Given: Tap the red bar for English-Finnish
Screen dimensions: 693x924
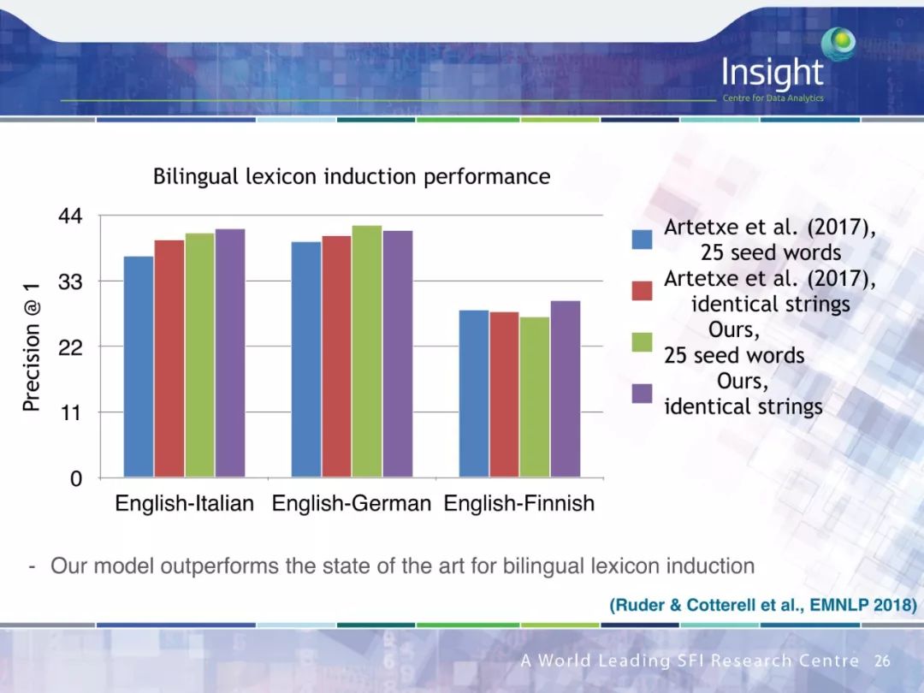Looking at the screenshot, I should pos(504,394).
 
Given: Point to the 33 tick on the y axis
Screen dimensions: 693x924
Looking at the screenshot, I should pos(70,281).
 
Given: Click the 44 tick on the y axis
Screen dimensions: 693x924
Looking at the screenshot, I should pos(70,216).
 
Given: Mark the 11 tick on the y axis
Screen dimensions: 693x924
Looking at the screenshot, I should pos(70,412).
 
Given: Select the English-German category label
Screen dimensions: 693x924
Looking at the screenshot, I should pos(351,504).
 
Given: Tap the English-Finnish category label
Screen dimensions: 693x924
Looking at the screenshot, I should pos(518,504).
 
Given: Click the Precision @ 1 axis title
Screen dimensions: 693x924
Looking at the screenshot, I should pos(32,346).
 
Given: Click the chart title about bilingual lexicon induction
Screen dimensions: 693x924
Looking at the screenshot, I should pos(352,177).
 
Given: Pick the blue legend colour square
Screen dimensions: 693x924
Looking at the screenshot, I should pos(642,239).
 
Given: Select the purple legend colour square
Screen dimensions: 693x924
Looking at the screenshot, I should pos(642,393).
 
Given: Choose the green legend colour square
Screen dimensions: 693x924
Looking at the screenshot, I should pos(642,341).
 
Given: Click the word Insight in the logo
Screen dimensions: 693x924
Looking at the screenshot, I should pos(772,74).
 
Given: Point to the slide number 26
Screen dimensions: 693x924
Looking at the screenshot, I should pos(882,661).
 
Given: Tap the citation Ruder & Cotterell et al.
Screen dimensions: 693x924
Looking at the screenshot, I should pos(762,605).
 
